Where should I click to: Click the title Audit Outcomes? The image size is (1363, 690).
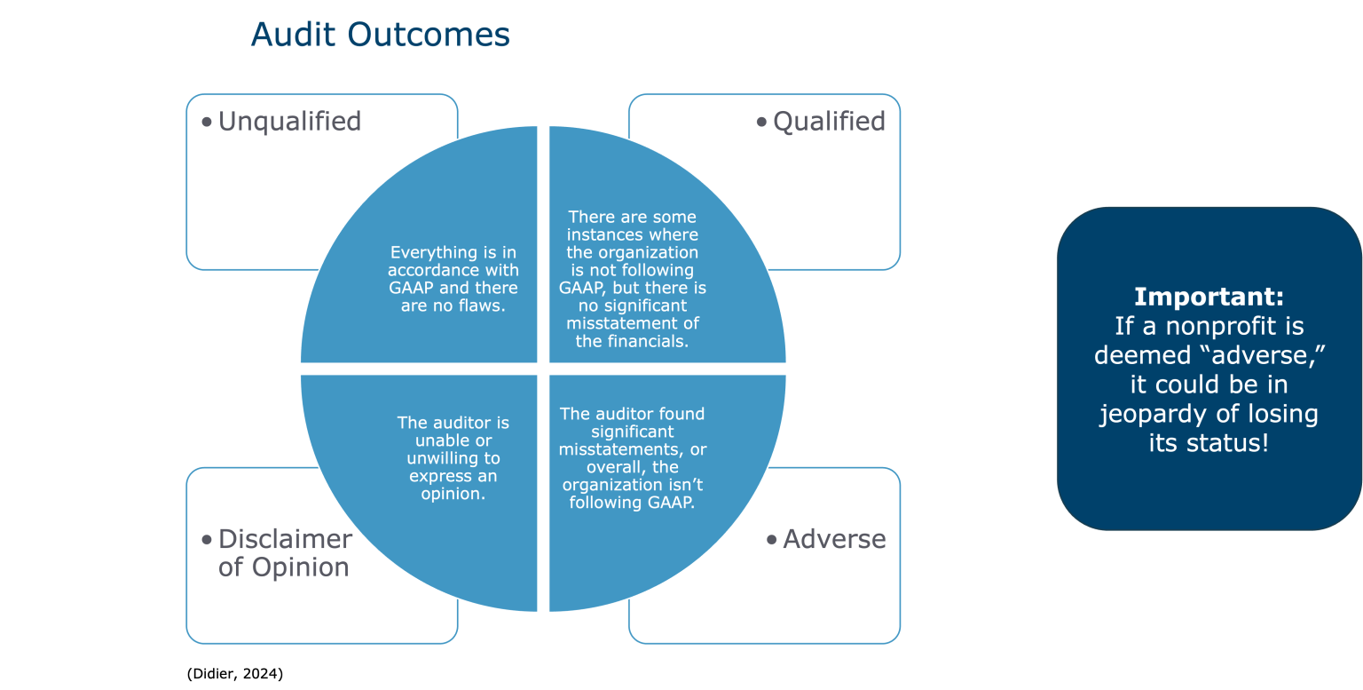pyautogui.click(x=380, y=35)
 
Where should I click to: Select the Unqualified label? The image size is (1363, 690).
pyautogui.click(x=289, y=122)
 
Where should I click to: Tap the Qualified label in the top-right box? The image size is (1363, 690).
pyautogui.click(x=829, y=122)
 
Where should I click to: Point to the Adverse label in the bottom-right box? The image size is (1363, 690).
pyautogui.click(x=834, y=539)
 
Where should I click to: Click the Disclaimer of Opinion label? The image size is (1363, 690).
pyautogui.click(x=284, y=553)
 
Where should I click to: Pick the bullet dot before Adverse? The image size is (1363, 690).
pyautogui.click(x=772, y=539)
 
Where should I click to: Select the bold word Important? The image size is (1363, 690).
pyautogui.click(x=1209, y=297)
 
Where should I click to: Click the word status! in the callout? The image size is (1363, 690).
pyautogui.click(x=1229, y=443)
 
